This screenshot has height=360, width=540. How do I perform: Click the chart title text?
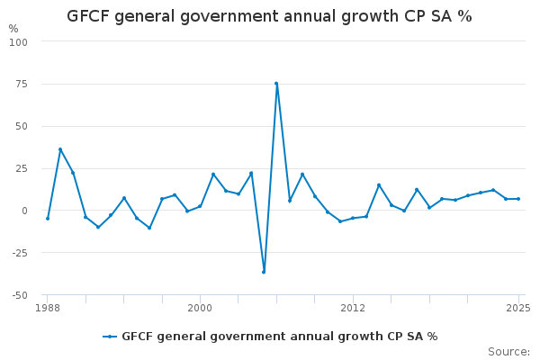coord(269,16)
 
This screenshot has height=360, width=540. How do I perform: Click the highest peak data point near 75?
coord(276,84)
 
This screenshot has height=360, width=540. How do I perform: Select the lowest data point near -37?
coord(264,272)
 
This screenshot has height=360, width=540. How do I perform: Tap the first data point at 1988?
coord(48,219)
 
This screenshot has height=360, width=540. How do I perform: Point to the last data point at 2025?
coord(518,199)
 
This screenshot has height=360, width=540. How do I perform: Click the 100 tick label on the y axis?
coord(19,42)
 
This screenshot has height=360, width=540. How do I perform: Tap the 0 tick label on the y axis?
coord(25,211)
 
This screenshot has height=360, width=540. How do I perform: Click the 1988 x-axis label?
coord(48,308)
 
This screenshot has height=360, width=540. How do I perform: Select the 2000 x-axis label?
coord(200,308)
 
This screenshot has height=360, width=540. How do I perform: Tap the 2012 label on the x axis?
coord(353,308)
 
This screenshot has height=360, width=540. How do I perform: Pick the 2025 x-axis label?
coord(518,308)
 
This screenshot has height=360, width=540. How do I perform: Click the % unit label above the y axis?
coord(13,29)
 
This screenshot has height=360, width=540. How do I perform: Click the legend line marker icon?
coord(110,337)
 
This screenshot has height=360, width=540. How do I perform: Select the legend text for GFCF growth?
coord(279,337)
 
